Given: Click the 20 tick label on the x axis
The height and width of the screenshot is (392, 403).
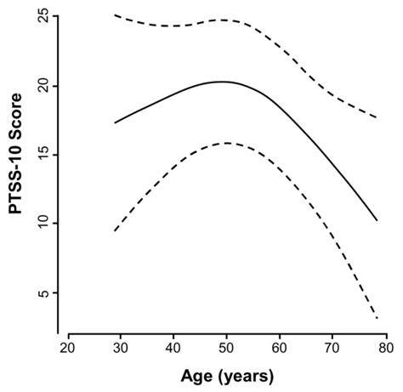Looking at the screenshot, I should point(68,349).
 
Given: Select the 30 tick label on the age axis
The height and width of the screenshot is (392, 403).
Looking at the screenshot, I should point(121,349).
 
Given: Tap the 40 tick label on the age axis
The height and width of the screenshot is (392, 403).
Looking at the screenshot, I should point(173,349).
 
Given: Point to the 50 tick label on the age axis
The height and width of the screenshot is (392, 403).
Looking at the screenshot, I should point(226,349).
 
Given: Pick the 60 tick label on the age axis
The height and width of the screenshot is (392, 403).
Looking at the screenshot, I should point(279,349).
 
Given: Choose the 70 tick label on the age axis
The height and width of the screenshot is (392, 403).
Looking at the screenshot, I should point(332,349).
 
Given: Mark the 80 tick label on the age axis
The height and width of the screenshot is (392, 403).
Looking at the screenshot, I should point(384,349).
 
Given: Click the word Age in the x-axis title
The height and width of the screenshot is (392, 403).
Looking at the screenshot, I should point(197,374).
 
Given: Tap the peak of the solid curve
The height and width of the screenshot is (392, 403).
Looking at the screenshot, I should point(221,82).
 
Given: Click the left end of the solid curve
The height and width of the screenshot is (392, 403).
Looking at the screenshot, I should point(115,122).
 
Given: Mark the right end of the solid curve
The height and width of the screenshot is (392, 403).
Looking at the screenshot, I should point(377,221).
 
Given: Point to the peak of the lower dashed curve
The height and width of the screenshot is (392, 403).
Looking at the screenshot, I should point(226,143).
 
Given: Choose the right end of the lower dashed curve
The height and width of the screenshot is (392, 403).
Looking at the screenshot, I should point(377,319).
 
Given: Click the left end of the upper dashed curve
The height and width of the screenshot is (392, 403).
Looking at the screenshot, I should point(115,15).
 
